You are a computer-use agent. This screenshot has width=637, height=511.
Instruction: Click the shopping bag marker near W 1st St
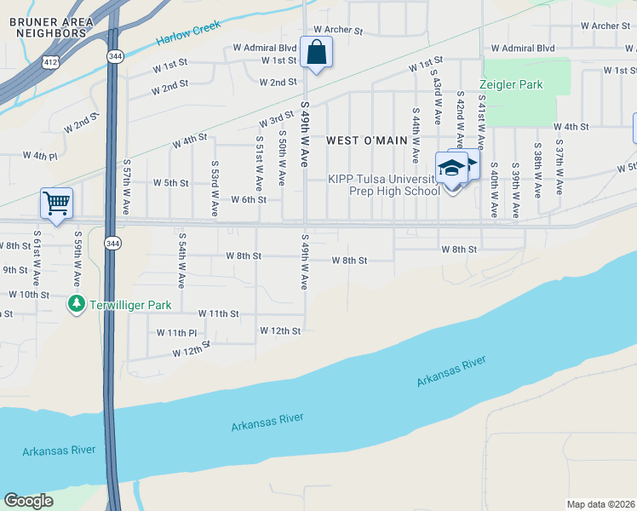pos(316,53)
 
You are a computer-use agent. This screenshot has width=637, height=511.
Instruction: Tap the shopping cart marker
pos(56,204)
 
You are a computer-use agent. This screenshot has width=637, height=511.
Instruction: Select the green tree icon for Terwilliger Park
pos(77,304)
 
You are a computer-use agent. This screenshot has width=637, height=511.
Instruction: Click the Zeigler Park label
pos(510,85)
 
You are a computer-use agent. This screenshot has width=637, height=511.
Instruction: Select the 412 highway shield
pos(51,60)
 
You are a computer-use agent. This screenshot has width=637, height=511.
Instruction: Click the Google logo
pos(28,501)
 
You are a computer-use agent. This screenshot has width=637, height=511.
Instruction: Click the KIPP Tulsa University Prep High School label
pos(383,185)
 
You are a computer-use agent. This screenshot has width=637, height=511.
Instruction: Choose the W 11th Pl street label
pos(176,332)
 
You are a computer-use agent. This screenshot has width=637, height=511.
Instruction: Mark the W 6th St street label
pos(249,199)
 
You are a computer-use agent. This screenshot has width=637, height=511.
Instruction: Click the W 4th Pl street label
pos(40,156)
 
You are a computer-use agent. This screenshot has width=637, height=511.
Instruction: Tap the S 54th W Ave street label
pos(181,258)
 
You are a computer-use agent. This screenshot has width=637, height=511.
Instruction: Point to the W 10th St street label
pos(29,294)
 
